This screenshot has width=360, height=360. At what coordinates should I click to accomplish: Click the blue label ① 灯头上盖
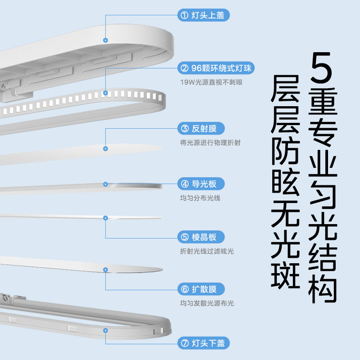[x=204, y=15]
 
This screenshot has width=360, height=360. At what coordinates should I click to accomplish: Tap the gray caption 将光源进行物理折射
[x=210, y=143]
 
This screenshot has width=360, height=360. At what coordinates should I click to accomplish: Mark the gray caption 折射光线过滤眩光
[x=207, y=251]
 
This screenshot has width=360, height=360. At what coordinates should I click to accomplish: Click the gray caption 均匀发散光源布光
[x=207, y=304]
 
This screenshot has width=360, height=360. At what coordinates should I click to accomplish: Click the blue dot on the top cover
[x=106, y=40]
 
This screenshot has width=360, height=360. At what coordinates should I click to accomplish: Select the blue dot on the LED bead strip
[x=106, y=93]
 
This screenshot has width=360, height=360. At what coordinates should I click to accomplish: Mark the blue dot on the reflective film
[x=106, y=148]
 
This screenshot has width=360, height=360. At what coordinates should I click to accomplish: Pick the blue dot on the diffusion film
[x=106, y=270]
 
